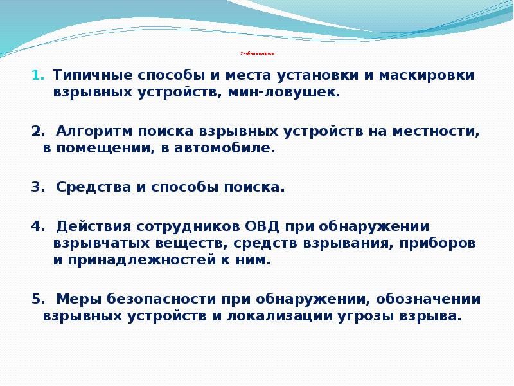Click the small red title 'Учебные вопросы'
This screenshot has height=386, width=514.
[x=257, y=53]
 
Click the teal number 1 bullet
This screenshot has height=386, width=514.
[x=37, y=75]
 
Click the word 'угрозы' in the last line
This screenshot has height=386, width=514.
[x=361, y=317]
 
